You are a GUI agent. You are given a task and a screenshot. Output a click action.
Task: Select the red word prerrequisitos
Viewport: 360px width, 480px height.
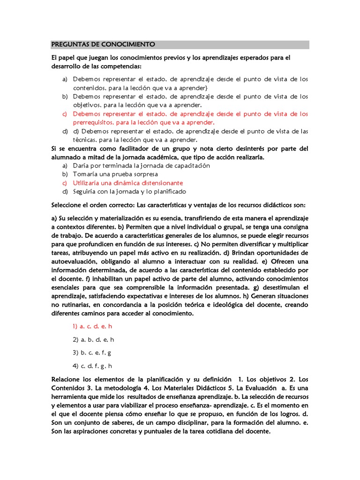[x=92, y=122]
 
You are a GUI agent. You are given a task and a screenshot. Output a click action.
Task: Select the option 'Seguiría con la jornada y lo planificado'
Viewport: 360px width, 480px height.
[x=129, y=191]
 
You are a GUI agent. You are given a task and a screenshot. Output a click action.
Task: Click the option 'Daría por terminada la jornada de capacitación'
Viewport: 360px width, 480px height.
[x=141, y=165]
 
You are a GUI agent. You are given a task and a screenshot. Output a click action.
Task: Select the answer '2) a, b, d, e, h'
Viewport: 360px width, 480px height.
[x=93, y=339]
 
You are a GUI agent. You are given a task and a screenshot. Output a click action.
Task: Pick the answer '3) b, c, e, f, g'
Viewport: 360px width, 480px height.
[x=92, y=352]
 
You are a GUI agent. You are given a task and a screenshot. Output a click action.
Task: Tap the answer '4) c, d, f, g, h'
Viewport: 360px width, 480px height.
[x=93, y=366]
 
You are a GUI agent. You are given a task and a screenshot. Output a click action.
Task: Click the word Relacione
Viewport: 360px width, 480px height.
[x=67, y=379]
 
